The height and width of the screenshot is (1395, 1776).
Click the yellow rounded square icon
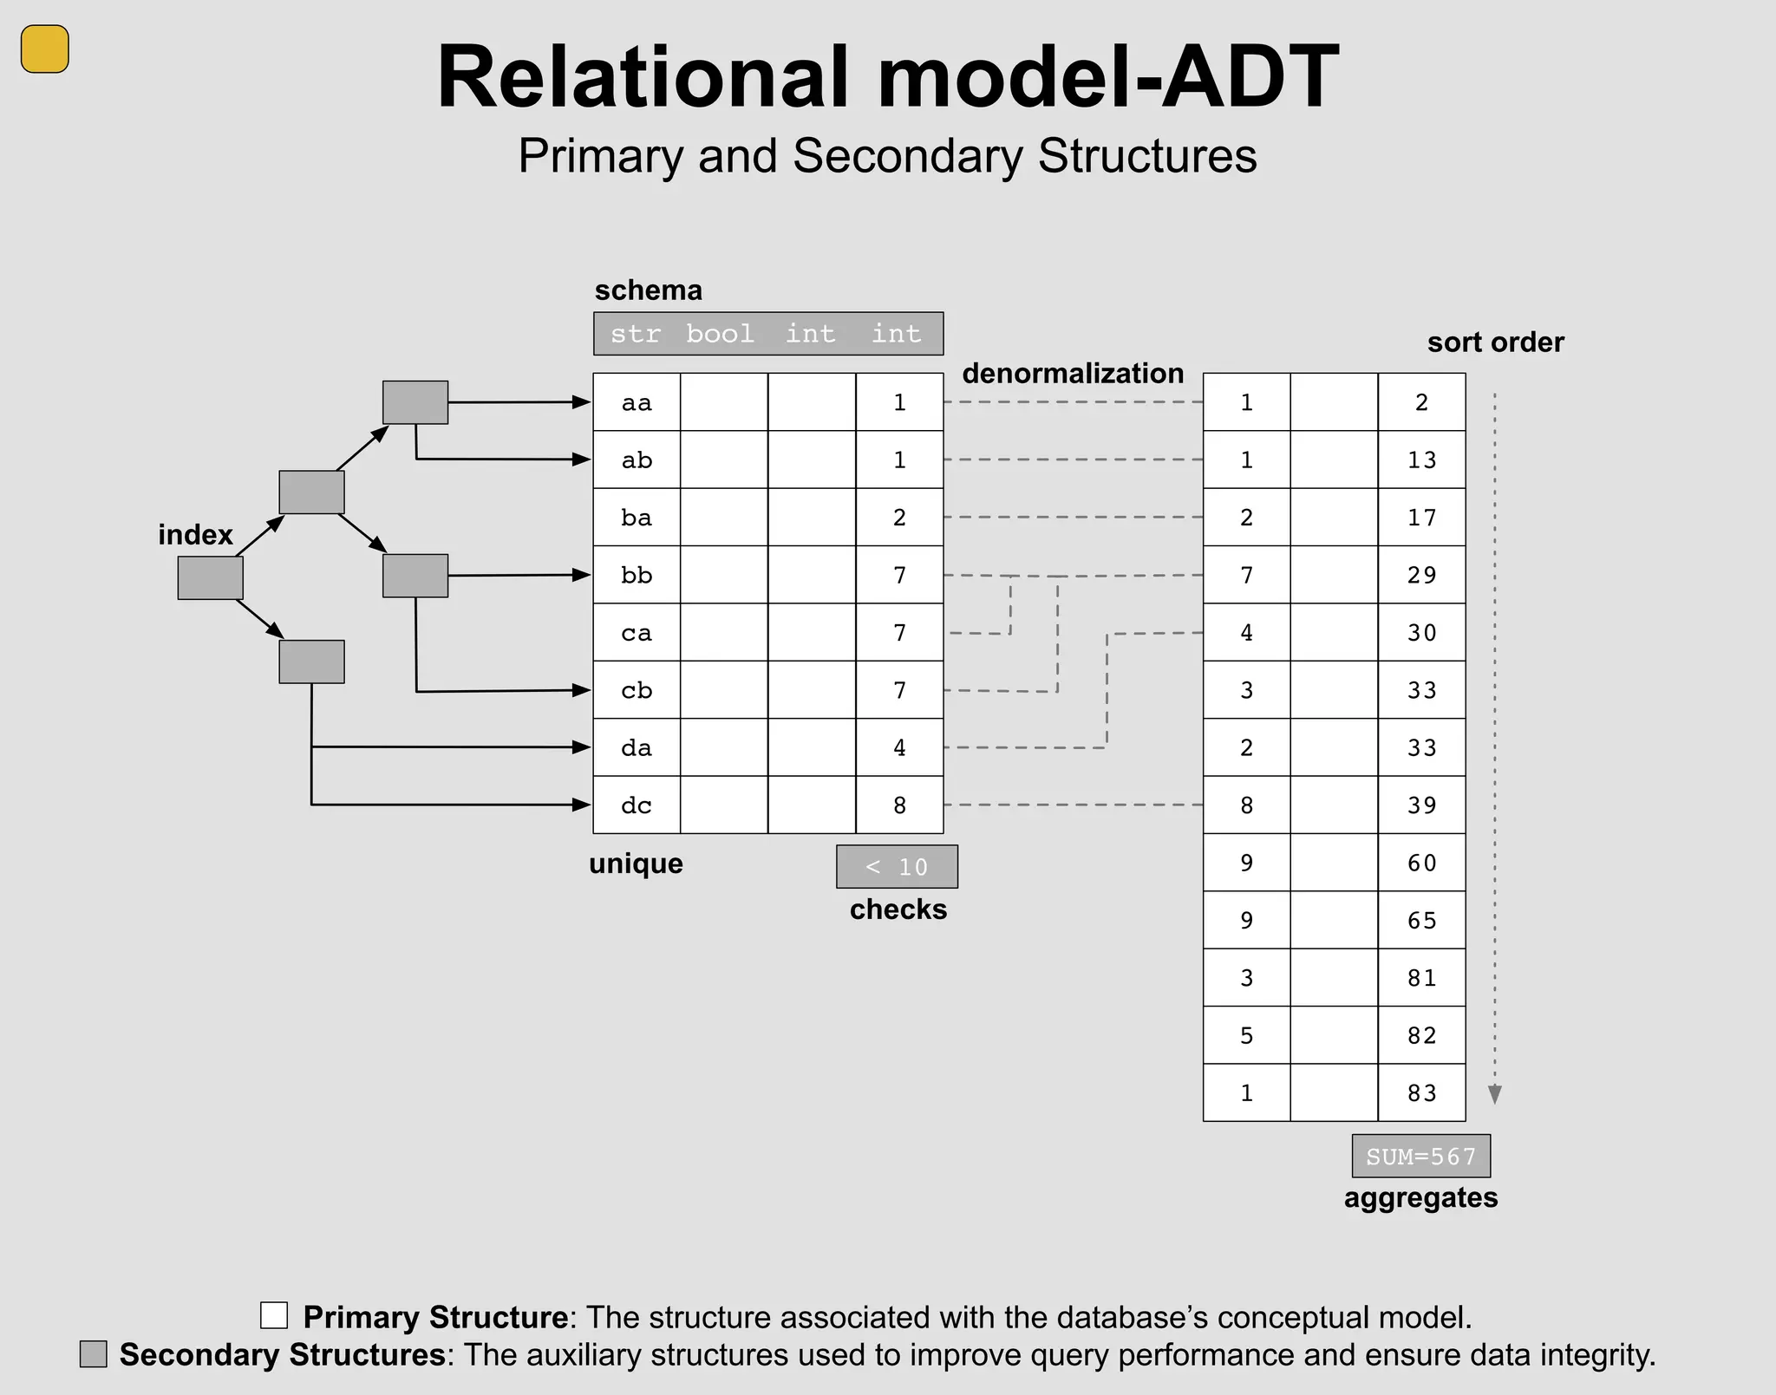click(x=44, y=49)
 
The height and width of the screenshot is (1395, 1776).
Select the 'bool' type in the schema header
click(x=720, y=334)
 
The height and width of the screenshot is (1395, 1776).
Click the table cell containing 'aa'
click(x=637, y=402)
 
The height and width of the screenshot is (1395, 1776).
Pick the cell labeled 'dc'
click(x=637, y=805)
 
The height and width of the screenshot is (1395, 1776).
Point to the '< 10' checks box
click(x=897, y=867)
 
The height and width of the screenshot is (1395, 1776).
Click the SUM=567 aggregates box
click(x=1420, y=1157)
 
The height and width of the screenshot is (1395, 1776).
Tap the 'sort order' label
click(x=1495, y=342)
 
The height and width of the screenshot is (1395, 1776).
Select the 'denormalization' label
click(x=1073, y=374)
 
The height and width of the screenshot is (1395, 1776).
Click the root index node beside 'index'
click(x=210, y=577)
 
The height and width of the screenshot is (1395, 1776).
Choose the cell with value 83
click(x=1421, y=1093)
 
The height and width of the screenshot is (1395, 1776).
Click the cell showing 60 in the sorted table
click(x=1421, y=864)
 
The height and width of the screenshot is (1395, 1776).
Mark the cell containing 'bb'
click(x=637, y=575)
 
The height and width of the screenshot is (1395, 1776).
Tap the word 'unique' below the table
click(x=636, y=864)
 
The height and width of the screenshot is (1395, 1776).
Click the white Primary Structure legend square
click(x=274, y=1315)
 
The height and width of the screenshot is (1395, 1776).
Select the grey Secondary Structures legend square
click(x=94, y=1354)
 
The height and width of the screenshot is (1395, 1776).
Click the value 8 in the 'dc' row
click(x=899, y=805)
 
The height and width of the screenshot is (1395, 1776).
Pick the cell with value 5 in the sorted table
click(x=1246, y=1036)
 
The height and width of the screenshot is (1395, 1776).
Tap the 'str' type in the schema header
click(x=636, y=334)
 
